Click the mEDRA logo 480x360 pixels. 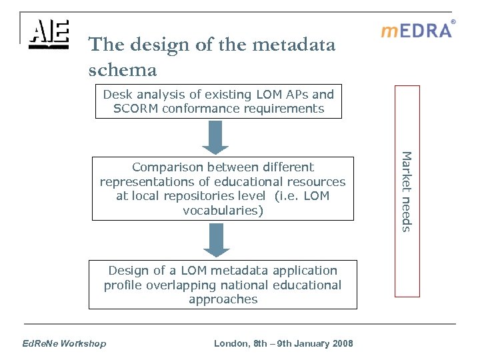(x=416, y=31)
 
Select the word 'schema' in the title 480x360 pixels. (x=122, y=69)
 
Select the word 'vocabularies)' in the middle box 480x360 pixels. (x=223, y=211)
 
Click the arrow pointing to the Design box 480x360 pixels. (x=216, y=239)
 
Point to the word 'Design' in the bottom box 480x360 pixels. (x=129, y=270)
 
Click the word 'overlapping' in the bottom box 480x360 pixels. (x=180, y=285)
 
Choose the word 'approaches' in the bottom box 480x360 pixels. (x=223, y=299)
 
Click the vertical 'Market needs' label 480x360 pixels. (x=407, y=192)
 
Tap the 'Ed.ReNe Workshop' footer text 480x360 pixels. (x=64, y=343)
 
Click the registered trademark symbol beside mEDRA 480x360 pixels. (x=453, y=22)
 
